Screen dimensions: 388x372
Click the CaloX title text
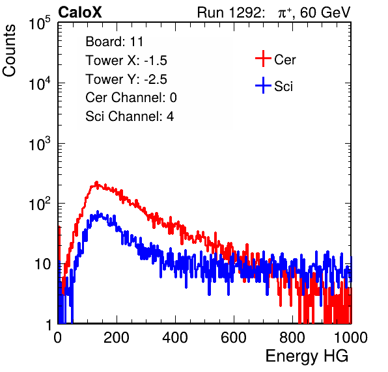(79, 12)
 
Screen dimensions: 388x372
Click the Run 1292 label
(229, 12)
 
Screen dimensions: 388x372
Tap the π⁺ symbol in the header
(284, 12)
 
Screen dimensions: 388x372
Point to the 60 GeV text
(325, 12)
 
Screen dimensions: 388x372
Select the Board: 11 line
(115, 42)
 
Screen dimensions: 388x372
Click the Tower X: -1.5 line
(126, 60)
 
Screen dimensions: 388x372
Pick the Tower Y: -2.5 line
(126, 79)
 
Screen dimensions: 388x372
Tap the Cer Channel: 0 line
(131, 98)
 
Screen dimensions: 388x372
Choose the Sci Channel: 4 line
(130, 116)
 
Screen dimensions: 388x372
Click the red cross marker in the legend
(263, 59)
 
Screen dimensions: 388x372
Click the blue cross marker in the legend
(263, 86)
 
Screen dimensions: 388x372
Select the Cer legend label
(284, 60)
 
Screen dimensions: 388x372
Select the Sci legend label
(284, 86)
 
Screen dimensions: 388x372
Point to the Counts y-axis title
(9, 51)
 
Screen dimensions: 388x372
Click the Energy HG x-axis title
(307, 356)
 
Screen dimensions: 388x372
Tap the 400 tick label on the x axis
(175, 338)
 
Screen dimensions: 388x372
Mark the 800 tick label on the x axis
(292, 338)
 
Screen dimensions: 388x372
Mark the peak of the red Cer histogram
(96, 183)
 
